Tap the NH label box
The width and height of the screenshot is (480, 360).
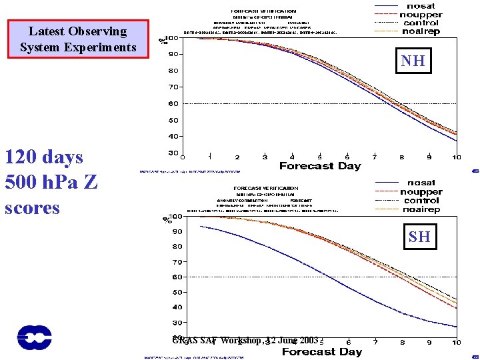click(413, 61)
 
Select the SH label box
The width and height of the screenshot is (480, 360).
click(419, 236)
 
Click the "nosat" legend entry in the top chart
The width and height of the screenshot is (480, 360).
click(420, 6)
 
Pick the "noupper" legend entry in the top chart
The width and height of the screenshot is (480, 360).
click(421, 14)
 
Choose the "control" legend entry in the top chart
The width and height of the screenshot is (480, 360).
click(421, 23)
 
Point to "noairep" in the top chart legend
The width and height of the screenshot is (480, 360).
click(421, 31)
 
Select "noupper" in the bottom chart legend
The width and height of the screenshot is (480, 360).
click(421, 192)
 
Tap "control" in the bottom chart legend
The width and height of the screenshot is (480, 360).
click(421, 200)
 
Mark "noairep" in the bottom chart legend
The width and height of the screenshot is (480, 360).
click(421, 209)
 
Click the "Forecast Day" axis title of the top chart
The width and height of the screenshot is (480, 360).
click(319, 166)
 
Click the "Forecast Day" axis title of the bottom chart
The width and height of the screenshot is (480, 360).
click(322, 351)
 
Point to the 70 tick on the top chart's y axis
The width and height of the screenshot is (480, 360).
click(173, 87)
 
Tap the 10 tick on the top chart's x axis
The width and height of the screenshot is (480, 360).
click(456, 157)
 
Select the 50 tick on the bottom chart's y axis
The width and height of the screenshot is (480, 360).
click(177, 292)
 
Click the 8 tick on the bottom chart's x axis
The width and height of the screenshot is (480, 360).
click(402, 342)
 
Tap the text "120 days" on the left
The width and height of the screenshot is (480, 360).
click(44, 157)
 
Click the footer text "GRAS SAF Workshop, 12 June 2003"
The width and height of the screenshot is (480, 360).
click(245, 340)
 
